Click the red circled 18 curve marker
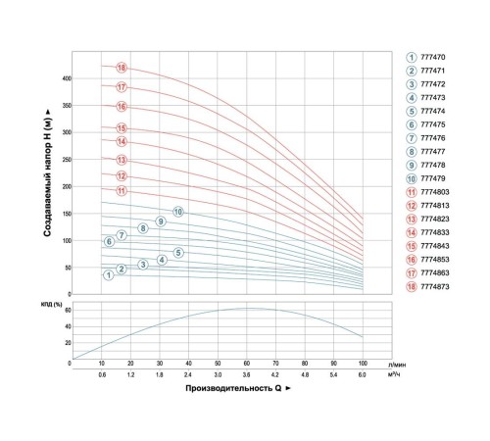(122, 68)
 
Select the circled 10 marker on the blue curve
(178, 212)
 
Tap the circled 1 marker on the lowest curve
(109, 275)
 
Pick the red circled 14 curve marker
(122, 142)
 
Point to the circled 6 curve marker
(109, 242)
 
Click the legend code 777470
(433, 58)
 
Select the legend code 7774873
(435, 287)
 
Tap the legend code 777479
(433, 178)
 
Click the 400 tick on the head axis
(67, 78)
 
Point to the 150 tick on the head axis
(67, 214)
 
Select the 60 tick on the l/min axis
(247, 364)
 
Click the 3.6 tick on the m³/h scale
(247, 375)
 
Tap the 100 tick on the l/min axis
(363, 364)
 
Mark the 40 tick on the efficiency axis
(68, 326)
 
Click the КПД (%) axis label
(52, 305)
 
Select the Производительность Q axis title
(233, 388)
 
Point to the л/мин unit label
(397, 365)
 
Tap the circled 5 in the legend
(412, 112)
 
